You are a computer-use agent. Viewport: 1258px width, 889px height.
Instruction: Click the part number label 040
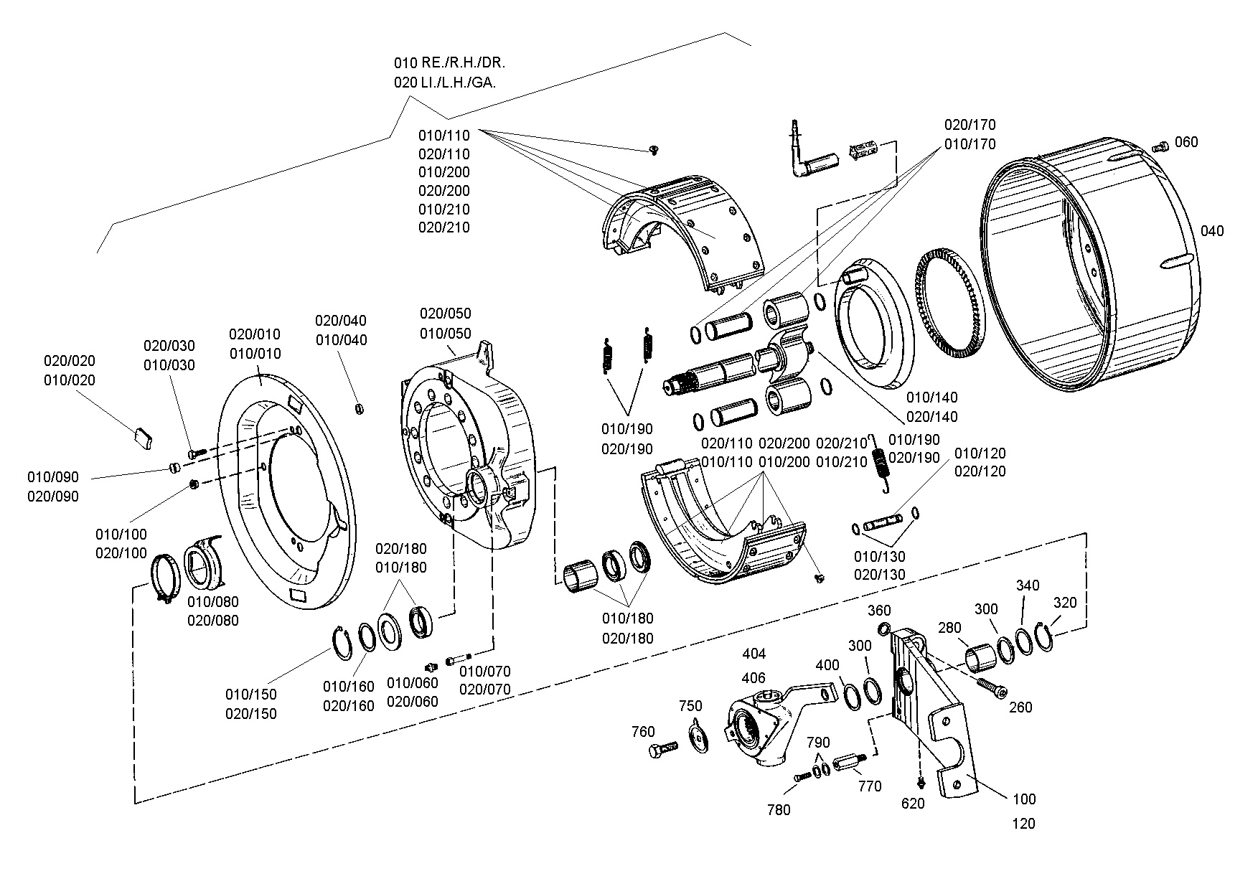coord(1212,231)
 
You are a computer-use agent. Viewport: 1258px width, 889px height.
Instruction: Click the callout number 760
coord(643,732)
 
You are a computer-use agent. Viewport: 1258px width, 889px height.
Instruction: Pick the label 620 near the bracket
coord(913,804)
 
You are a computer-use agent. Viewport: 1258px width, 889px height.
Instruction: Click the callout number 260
coord(1020,707)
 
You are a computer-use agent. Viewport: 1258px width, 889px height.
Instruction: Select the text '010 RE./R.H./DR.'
coord(449,62)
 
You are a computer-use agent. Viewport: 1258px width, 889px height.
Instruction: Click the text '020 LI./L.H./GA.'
coord(445,83)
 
